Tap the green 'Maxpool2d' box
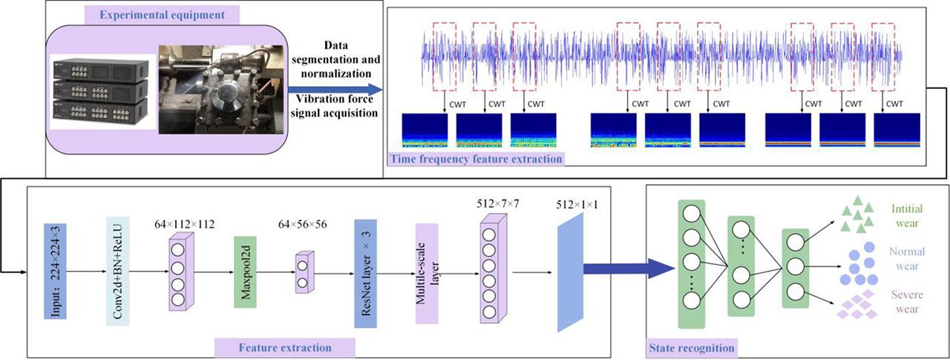(244, 271)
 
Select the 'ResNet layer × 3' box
(368, 271)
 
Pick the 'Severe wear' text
(906, 301)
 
